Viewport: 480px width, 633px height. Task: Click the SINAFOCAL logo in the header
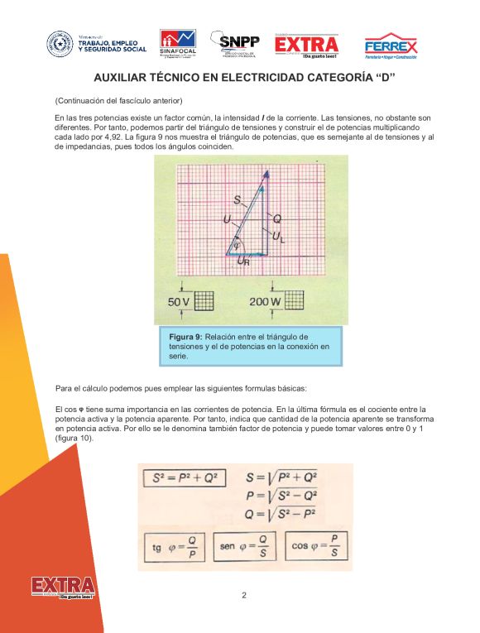[177, 44]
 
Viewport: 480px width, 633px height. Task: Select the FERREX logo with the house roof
[391, 46]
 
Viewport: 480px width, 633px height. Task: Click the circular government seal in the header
[60, 43]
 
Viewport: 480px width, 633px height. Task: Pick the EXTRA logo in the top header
[306, 46]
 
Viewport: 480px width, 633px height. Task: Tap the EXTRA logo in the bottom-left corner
[63, 588]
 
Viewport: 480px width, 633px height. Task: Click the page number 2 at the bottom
[244, 595]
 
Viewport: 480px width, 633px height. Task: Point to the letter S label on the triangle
[238, 201]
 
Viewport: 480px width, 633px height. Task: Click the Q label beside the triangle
[277, 218]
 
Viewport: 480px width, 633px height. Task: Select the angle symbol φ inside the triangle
[238, 246]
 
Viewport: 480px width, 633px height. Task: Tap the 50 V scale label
[180, 301]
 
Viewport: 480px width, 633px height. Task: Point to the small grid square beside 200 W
[295, 301]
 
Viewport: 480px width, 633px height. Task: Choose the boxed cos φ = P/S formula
[316, 546]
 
